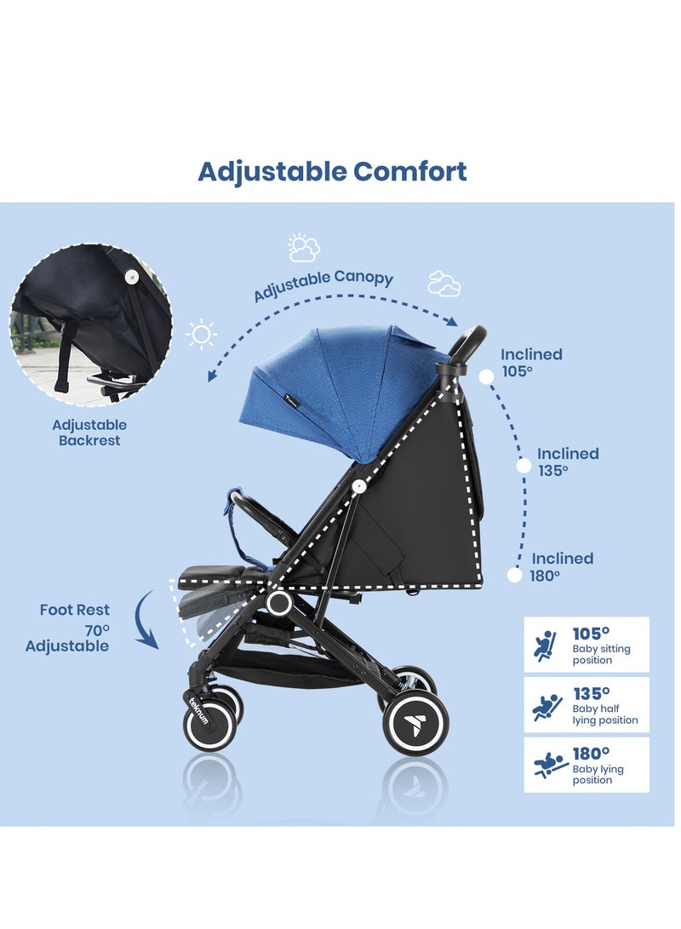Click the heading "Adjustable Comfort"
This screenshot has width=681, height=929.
[x=332, y=171]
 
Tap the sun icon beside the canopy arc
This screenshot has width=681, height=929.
[x=201, y=335]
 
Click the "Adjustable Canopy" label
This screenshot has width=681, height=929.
[x=323, y=285]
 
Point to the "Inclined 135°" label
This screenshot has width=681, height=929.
[x=568, y=462]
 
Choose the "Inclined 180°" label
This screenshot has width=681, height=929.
[x=563, y=566]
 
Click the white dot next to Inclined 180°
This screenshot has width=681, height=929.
[x=514, y=576]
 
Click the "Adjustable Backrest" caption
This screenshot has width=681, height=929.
[x=89, y=433]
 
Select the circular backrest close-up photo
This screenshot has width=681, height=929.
[x=91, y=325]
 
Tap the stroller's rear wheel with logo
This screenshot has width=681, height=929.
[x=415, y=722]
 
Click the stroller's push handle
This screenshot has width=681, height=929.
[x=468, y=344]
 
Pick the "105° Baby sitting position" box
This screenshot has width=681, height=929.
[x=587, y=645]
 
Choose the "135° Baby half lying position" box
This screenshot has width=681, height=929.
[x=587, y=705]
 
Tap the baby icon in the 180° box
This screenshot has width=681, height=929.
[x=545, y=766]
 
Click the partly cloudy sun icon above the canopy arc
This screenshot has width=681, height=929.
[x=304, y=248]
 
